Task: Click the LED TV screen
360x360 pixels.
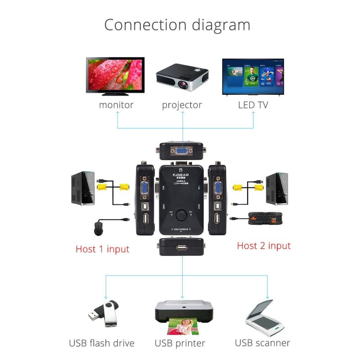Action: pyautogui.click(x=253, y=76)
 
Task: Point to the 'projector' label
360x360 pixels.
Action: pyautogui.click(x=182, y=105)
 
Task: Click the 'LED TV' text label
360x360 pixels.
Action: pyautogui.click(x=253, y=105)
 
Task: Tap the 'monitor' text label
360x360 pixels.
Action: pyautogui.click(x=116, y=105)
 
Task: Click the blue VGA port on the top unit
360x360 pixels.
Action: pyautogui.click(x=181, y=151)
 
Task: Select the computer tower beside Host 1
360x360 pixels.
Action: pyautogui.click(x=83, y=188)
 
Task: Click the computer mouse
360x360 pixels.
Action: pyautogui.click(x=99, y=229)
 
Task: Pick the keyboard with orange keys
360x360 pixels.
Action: pyautogui.click(x=265, y=218)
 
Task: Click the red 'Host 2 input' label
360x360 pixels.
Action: pyautogui.click(x=264, y=246)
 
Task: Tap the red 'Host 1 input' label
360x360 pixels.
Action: pyautogui.click(x=102, y=249)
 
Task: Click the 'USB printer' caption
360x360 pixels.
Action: pyautogui.click(x=180, y=343)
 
